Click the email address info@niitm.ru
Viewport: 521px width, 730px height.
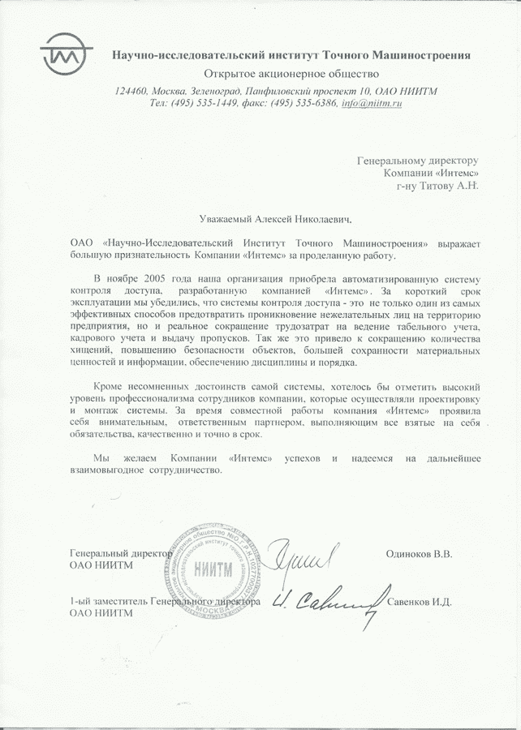(x=372, y=104)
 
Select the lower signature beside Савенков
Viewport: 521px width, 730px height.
(x=325, y=603)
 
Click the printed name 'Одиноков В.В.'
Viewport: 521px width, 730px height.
(x=420, y=554)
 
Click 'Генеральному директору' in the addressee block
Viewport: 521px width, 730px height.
(x=418, y=161)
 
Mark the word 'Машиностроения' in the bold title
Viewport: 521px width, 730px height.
(x=424, y=55)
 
